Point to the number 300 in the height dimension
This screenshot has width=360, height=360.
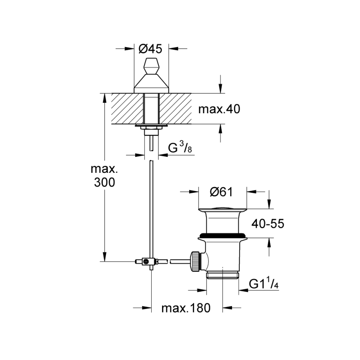[x=105, y=182]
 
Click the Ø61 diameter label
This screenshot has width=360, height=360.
[x=222, y=192]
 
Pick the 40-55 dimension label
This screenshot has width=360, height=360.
[x=268, y=224]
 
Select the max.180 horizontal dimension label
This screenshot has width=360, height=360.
[x=186, y=308]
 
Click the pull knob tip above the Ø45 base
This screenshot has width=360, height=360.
[x=151, y=65]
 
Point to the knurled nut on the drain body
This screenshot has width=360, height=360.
[x=195, y=262]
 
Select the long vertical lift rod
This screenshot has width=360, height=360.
[x=151, y=208]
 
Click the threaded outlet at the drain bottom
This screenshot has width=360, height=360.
[x=222, y=276]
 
